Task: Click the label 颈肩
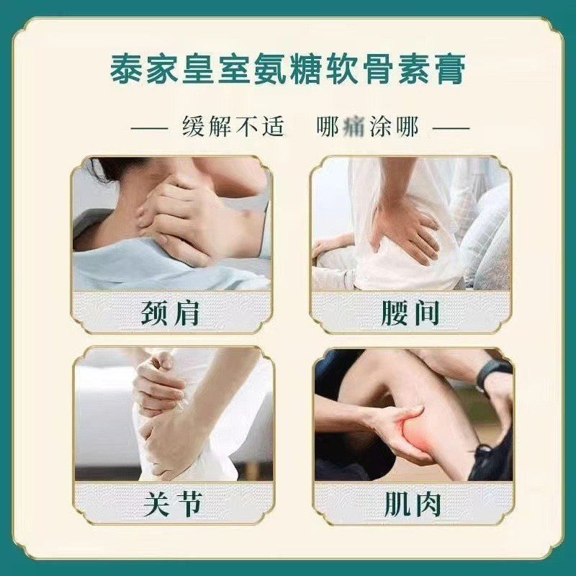pyautogui.click(x=171, y=314)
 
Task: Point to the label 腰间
pyautogui.click(x=410, y=314)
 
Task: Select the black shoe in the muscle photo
pyautogui.click(x=490, y=461)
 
